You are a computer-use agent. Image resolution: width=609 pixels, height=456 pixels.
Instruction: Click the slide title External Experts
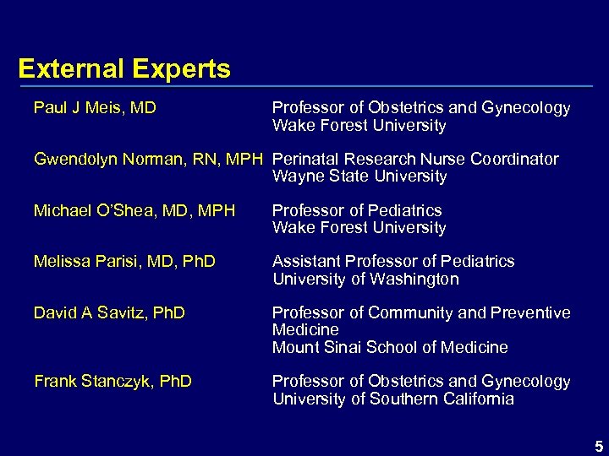click(124, 68)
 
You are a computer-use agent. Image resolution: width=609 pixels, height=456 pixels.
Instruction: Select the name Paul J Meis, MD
click(95, 108)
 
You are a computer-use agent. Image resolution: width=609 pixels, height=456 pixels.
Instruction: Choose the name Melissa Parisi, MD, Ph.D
click(124, 262)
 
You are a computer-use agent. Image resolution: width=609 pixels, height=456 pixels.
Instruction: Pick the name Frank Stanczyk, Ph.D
click(112, 382)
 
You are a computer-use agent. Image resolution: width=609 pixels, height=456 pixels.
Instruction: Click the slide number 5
click(598, 445)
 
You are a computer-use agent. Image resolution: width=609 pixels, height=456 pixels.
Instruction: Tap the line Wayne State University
click(359, 176)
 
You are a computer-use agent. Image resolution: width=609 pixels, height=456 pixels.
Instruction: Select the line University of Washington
click(365, 279)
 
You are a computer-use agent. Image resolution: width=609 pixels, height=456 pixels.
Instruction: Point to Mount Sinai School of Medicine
click(390, 347)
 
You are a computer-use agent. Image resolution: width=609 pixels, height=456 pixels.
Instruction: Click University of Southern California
click(392, 399)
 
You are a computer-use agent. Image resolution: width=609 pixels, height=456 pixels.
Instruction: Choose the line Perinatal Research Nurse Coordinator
click(415, 159)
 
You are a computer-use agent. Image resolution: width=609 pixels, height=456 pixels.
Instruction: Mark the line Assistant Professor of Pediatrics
click(393, 262)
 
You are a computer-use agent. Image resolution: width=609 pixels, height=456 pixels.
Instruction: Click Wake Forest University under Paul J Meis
click(359, 126)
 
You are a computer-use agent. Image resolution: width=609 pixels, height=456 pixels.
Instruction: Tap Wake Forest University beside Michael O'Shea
click(359, 228)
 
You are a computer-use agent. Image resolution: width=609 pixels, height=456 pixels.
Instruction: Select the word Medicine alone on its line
click(305, 330)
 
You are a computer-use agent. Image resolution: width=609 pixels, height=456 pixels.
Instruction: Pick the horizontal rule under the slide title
click(305, 87)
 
